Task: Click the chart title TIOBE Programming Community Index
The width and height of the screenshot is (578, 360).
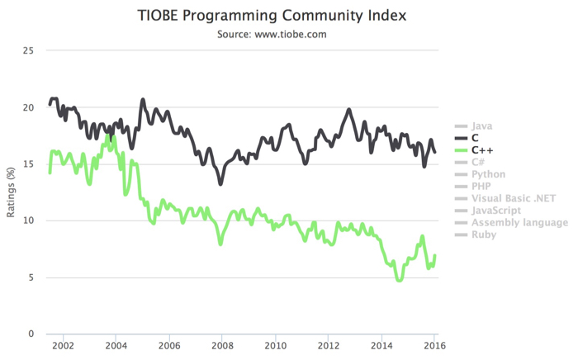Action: point(288,16)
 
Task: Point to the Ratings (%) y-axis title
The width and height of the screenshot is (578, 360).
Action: point(12,192)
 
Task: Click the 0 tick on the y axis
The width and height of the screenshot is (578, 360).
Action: point(30,334)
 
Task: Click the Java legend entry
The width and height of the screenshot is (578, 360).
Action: point(482,126)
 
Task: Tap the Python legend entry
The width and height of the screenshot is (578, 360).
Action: point(488,174)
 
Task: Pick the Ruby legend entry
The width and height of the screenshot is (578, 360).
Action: point(483,234)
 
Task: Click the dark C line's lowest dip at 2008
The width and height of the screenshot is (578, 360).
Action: point(220,183)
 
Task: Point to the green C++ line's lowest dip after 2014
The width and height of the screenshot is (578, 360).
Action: point(400,281)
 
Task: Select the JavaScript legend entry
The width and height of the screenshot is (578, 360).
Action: point(496,211)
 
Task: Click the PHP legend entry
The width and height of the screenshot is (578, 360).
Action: point(481,187)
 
